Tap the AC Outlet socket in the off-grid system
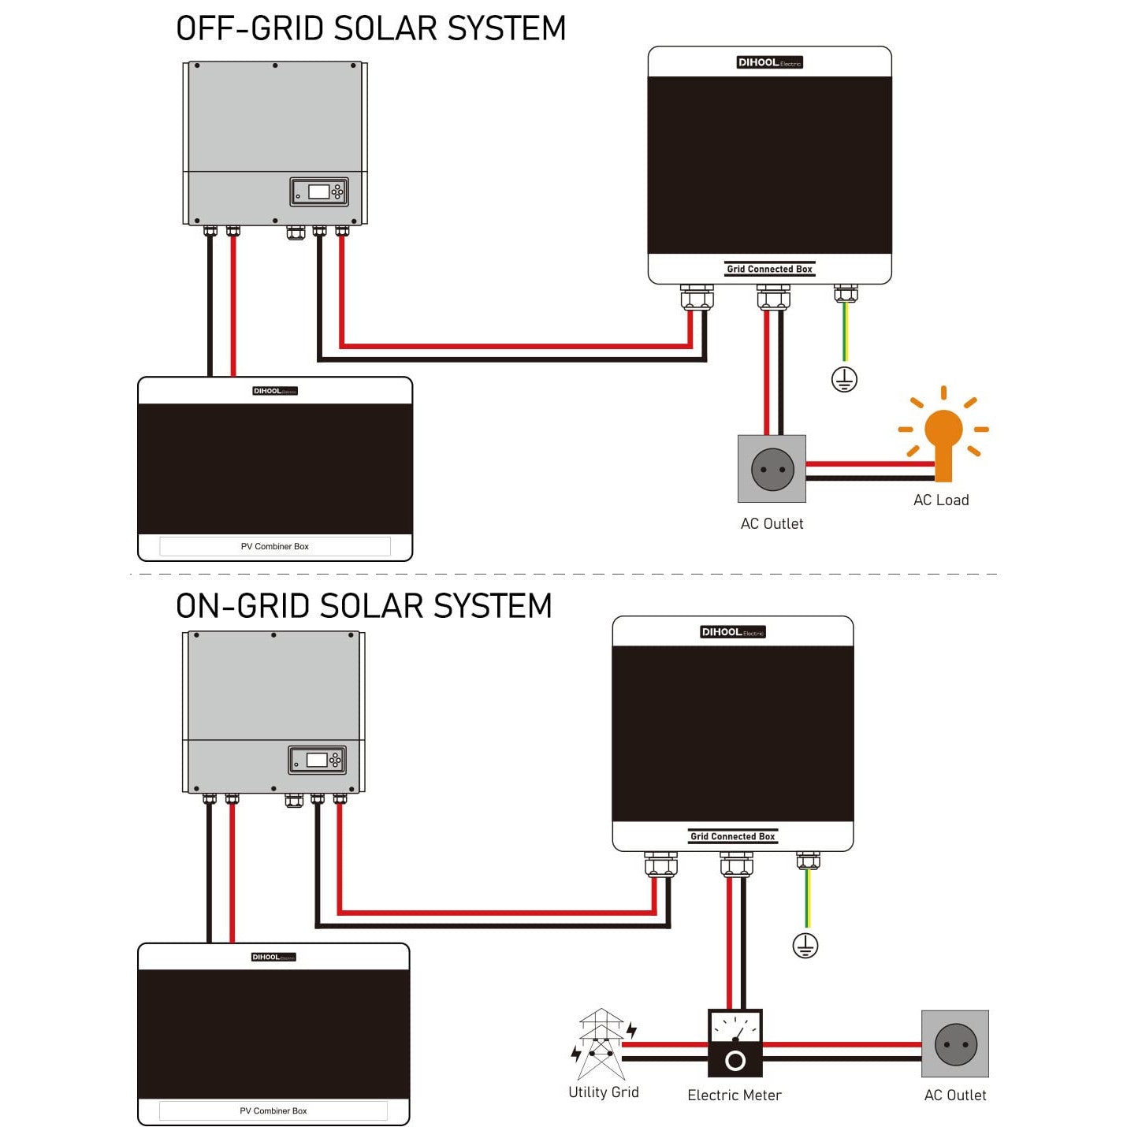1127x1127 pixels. [x=772, y=469]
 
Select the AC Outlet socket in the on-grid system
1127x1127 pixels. [x=955, y=1043]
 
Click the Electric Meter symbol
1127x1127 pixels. [x=735, y=1043]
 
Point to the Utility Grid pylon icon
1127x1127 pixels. [x=601, y=1043]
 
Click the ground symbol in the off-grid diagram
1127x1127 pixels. [x=844, y=380]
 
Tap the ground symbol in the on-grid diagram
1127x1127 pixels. [x=805, y=946]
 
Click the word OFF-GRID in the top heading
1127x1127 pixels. [x=249, y=29]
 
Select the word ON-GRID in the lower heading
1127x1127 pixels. [x=242, y=606]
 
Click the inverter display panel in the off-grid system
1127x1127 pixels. [x=318, y=192]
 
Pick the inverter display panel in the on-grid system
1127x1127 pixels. [x=317, y=760]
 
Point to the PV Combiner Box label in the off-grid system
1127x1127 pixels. [x=274, y=546]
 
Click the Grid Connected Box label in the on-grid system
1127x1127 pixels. [x=733, y=836]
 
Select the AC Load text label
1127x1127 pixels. [x=941, y=500]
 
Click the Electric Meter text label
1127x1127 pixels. [x=735, y=1095]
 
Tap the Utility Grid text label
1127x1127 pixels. [x=604, y=1092]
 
